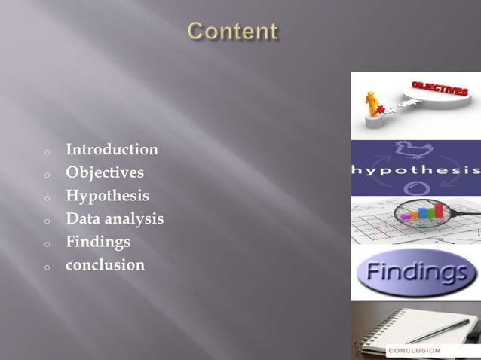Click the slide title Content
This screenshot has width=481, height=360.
tap(233, 32)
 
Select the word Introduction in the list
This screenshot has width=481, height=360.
tap(112, 150)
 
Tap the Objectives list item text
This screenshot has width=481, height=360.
tap(105, 173)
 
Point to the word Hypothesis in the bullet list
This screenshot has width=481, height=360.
tap(107, 197)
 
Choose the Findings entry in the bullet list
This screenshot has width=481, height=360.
tap(98, 243)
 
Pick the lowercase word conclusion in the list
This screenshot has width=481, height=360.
tap(105, 265)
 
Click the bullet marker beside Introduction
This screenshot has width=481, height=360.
tap(47, 151)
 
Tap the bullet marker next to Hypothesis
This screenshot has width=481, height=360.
tap(47, 198)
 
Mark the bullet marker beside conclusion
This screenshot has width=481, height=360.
tap(47, 267)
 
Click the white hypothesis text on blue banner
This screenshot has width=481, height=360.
tap(415, 169)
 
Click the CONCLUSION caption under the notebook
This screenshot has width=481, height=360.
tap(415, 351)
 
